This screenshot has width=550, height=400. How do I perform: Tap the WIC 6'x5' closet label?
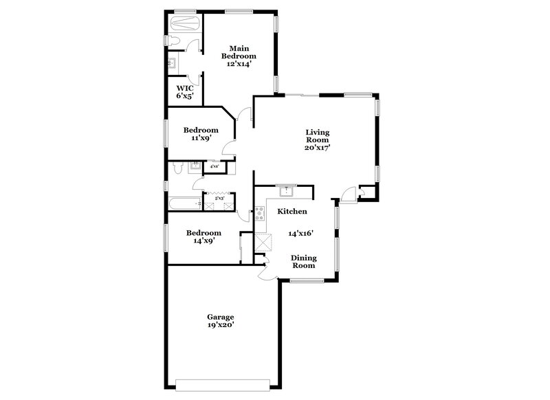[184, 91]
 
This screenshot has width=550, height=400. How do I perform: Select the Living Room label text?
[318, 139]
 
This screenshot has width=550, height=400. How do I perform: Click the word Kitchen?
[291, 212]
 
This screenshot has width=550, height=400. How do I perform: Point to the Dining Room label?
[303, 260]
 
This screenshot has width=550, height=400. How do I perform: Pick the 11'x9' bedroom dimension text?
[200, 138]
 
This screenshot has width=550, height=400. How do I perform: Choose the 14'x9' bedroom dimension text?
[204, 241]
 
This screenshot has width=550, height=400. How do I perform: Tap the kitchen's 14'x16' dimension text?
[300, 233]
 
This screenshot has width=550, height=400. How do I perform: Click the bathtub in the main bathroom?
[185, 23]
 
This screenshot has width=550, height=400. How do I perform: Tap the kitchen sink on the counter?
[285, 190]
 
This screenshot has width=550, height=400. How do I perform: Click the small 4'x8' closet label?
[214, 166]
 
